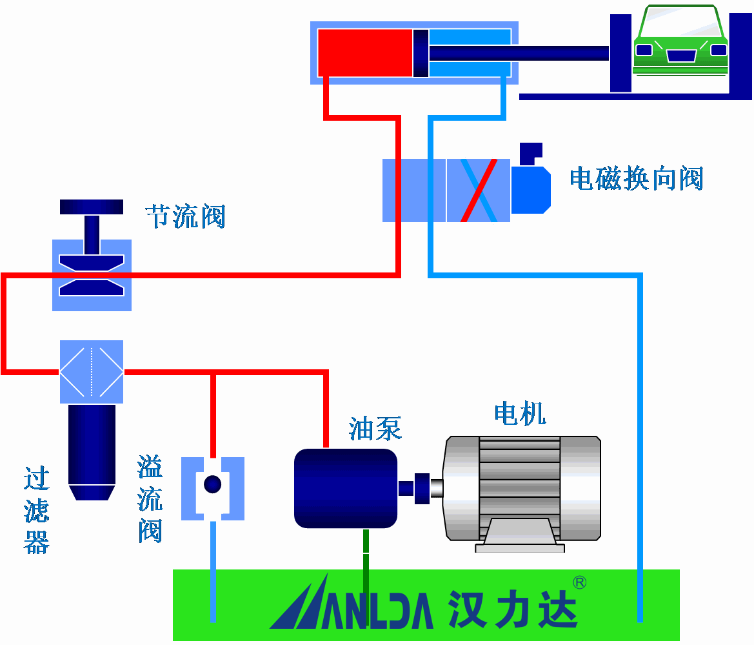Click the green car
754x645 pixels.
(680, 42)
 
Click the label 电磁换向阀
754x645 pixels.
(636, 178)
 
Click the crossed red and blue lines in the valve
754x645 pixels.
(479, 190)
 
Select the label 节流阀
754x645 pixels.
(186, 216)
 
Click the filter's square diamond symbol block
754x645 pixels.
(92, 372)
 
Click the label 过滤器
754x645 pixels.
(37, 510)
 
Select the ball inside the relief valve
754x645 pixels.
(212, 484)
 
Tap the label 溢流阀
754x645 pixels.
(150, 499)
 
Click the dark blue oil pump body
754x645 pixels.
(346, 488)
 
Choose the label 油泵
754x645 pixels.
(375, 428)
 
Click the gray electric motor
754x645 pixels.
(522, 488)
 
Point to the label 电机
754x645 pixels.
(520, 413)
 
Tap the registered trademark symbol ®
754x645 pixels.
(579, 582)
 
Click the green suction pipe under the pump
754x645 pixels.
(366, 549)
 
